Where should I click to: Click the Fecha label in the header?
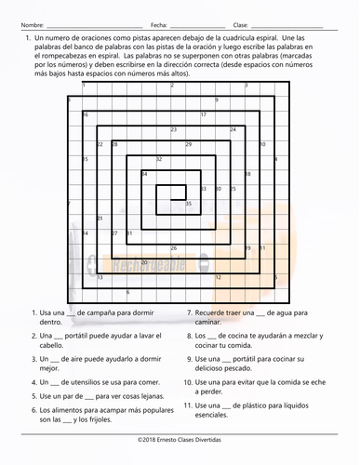pyautogui.click(x=157, y=24)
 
